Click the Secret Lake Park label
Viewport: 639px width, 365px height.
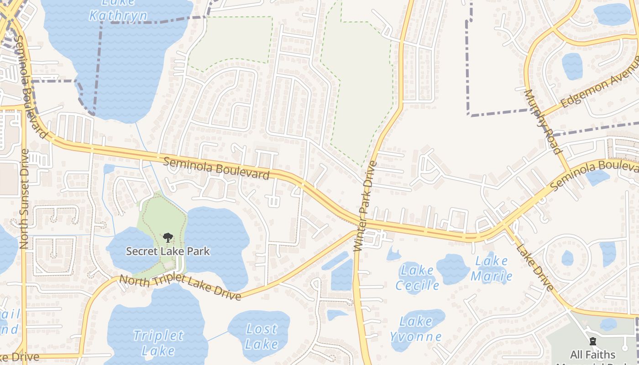point(168,251)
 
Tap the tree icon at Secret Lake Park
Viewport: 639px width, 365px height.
point(168,237)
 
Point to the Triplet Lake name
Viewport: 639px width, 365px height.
point(158,343)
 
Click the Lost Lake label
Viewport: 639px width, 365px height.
point(262,336)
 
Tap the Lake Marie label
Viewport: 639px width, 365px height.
point(492,268)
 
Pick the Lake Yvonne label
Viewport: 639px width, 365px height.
point(415,329)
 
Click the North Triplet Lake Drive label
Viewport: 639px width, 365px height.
point(180,287)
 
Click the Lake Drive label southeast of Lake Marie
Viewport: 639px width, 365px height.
point(535,267)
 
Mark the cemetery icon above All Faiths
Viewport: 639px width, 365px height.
point(593,342)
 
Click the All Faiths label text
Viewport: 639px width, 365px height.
point(592,355)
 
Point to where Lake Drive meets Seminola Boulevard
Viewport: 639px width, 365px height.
point(503,225)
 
